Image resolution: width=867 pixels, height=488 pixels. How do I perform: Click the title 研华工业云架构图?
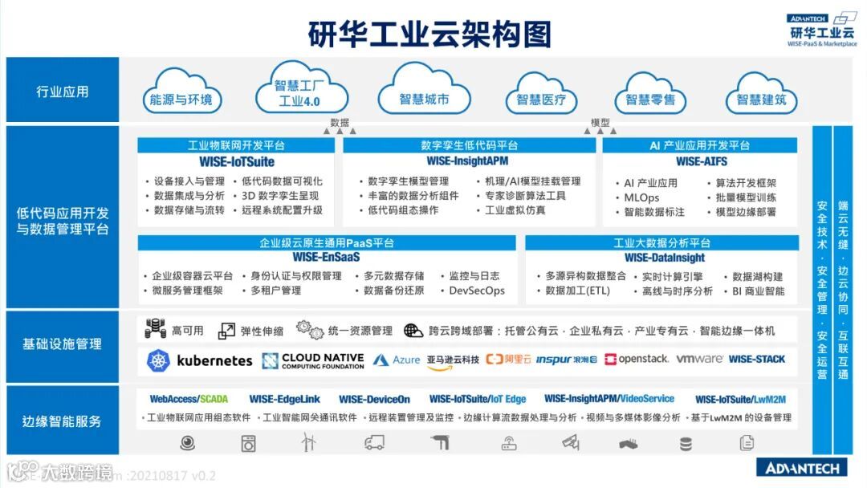[430, 35]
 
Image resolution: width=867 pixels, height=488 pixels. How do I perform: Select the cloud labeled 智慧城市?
[424, 100]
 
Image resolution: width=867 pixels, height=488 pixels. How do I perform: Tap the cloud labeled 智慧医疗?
[540, 100]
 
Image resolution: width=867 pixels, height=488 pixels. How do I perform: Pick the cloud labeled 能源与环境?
[181, 100]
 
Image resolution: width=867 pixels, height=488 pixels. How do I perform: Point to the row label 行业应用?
[62, 91]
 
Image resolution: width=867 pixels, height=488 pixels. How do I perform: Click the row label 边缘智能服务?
[62, 421]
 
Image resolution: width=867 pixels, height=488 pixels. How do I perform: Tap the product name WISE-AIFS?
[701, 161]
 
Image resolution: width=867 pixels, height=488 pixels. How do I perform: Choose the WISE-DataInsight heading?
[664, 258]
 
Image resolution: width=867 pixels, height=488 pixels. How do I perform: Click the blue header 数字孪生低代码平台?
[469, 145]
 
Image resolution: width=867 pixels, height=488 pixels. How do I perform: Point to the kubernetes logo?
[200, 360]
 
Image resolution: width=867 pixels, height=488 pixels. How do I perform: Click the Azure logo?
[397, 360]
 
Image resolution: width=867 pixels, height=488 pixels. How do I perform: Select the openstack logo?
[637, 360]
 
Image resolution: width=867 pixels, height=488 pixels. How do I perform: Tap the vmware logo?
[699, 359]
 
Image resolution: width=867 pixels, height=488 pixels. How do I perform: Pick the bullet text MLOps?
[641, 197]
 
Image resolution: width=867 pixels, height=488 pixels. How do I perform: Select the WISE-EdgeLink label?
[284, 399]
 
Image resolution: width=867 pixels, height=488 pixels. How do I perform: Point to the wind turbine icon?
[309, 441]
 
